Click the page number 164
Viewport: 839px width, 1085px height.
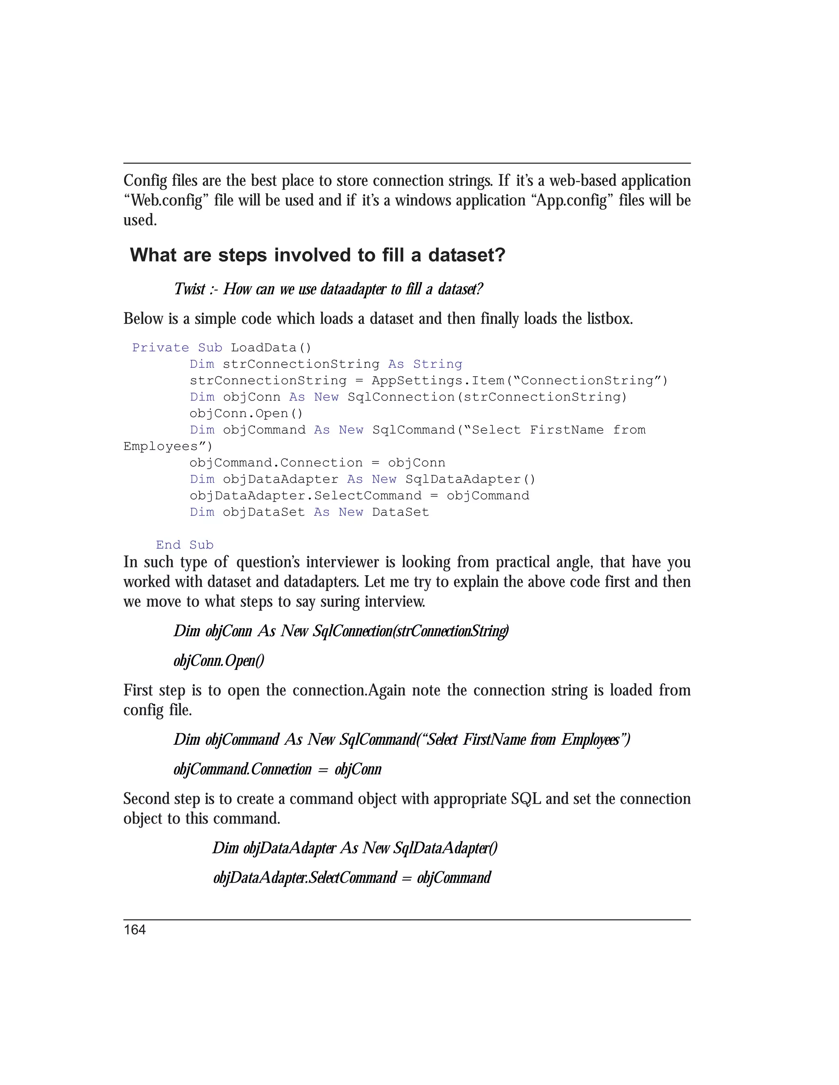pyautogui.click(x=135, y=930)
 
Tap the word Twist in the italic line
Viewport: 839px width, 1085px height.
pyautogui.click(x=189, y=289)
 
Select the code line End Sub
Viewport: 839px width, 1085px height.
pyautogui.click(x=184, y=545)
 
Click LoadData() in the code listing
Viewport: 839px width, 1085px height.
pyautogui.click(x=271, y=348)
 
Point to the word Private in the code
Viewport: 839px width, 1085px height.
pyautogui.click(x=161, y=348)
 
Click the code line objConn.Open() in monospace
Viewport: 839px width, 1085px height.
pyautogui.click(x=246, y=414)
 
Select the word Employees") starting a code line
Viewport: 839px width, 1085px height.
pyautogui.click(x=168, y=447)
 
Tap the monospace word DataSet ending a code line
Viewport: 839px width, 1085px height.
pyautogui.click(x=400, y=512)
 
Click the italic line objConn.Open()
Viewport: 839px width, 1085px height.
pyautogui.click(x=219, y=661)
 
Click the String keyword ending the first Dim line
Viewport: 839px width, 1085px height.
pyautogui.click(x=438, y=364)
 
